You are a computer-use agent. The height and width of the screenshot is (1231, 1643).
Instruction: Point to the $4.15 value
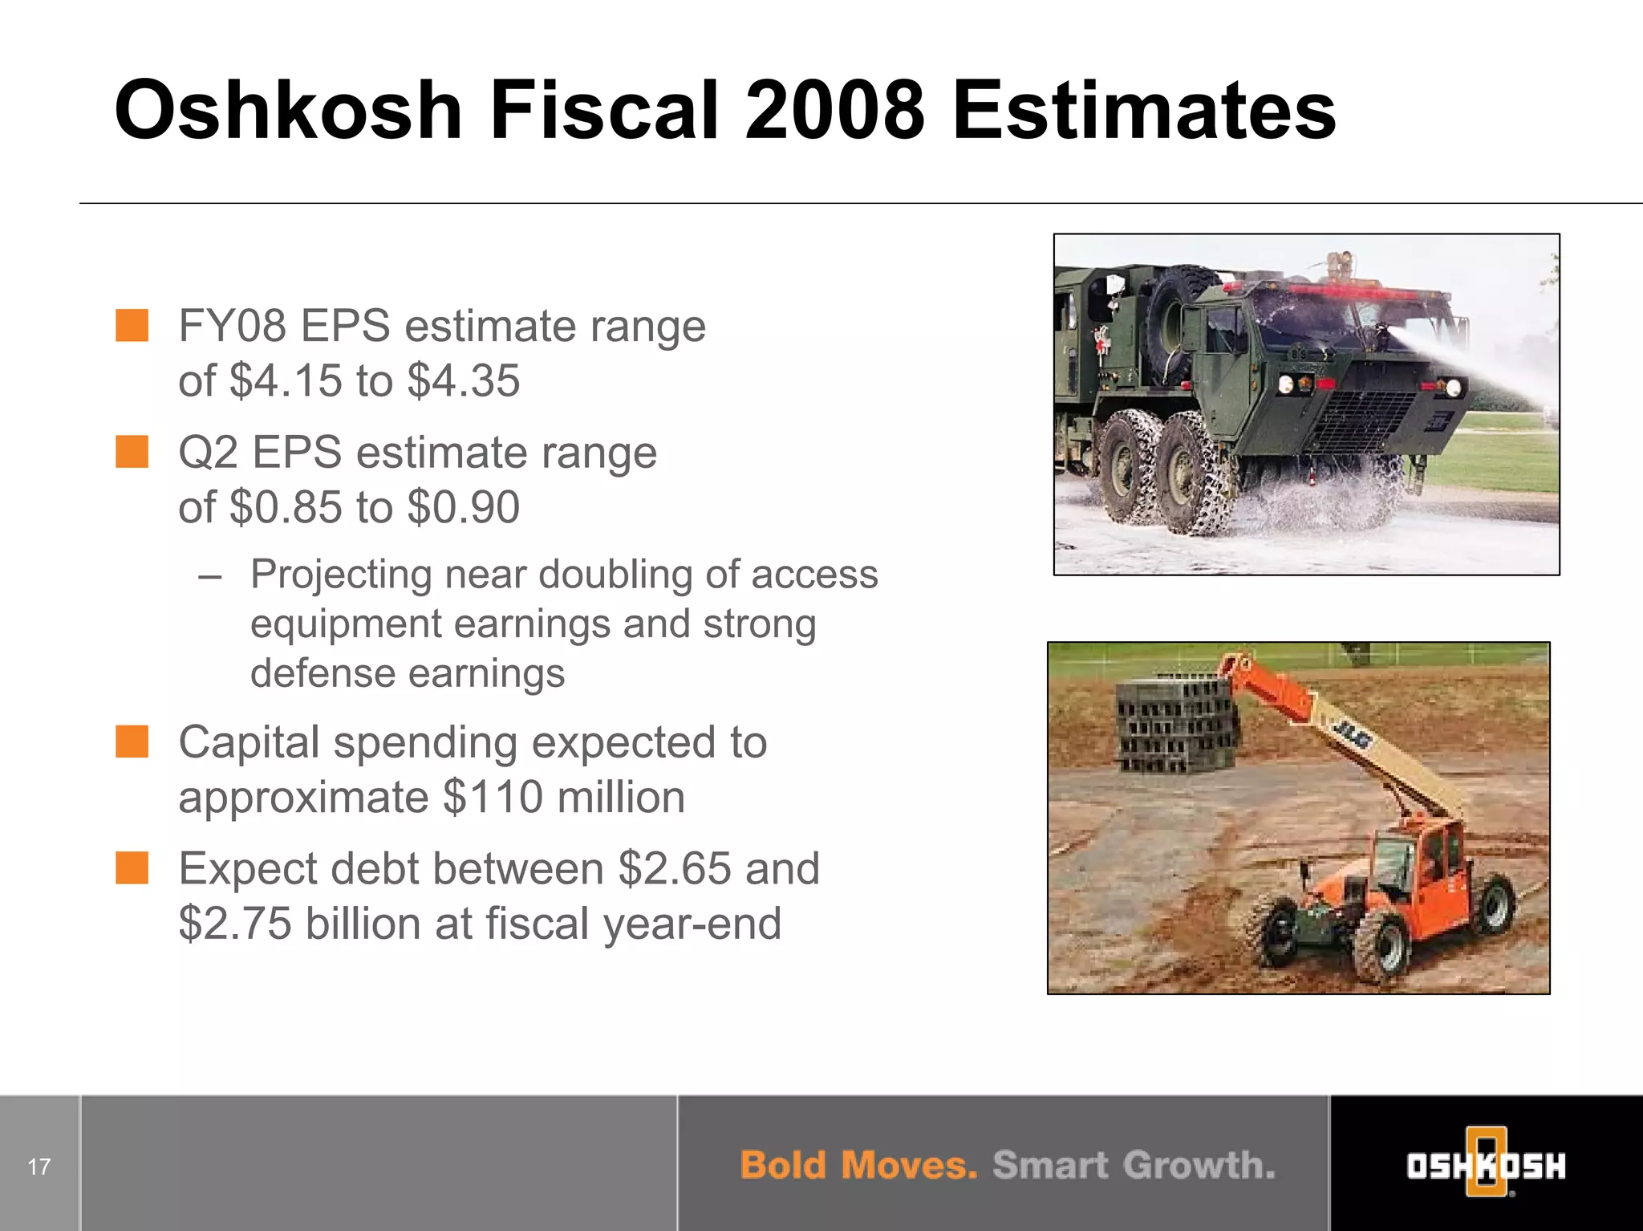(286, 380)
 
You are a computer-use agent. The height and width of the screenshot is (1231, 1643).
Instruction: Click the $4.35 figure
(464, 380)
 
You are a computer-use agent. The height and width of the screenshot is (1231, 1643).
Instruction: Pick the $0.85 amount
(286, 507)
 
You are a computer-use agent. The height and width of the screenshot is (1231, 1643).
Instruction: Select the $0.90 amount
(464, 507)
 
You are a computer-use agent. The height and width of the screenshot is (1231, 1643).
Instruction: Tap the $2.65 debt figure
(675, 868)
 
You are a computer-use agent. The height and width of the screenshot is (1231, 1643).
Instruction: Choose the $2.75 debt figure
(235, 923)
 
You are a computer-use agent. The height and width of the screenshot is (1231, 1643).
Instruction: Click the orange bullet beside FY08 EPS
(132, 326)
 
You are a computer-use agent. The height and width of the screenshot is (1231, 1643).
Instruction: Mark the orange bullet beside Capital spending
(132, 741)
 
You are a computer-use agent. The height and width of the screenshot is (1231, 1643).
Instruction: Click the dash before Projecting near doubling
(209, 575)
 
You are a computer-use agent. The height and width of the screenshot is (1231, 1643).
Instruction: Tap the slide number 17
(39, 1166)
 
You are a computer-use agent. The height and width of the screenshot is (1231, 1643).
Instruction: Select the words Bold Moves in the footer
(858, 1165)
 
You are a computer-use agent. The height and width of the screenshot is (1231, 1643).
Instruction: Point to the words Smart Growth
(1134, 1165)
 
